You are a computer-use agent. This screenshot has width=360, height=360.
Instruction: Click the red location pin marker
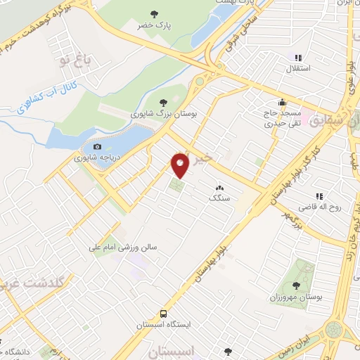tap(181, 165)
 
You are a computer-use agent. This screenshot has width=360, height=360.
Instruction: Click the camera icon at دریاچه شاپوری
tap(96, 146)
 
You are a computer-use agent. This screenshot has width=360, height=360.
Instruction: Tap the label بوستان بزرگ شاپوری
tap(162, 112)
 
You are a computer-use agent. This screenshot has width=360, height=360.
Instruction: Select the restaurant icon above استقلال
tap(298, 57)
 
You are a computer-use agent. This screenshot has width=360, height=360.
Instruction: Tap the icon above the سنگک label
tap(220, 188)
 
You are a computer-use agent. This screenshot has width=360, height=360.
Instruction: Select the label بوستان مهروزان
tap(295, 297)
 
